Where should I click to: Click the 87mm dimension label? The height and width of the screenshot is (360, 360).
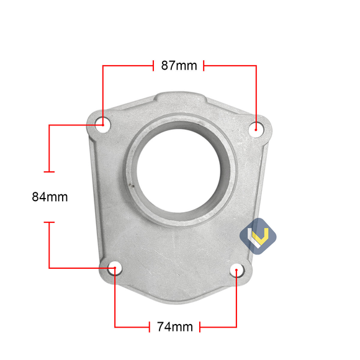(x=179, y=65)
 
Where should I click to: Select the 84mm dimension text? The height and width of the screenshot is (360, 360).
(x=50, y=197)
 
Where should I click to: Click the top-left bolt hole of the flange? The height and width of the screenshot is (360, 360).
(x=103, y=122)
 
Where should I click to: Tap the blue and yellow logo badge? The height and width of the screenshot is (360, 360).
(x=257, y=235)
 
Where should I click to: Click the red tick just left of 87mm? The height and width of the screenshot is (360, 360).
(x=153, y=65)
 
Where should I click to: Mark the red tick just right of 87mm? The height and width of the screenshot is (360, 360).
(x=204, y=65)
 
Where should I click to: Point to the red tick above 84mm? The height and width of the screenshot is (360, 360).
(x=50, y=171)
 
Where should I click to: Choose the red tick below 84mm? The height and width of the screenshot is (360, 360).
(x=50, y=222)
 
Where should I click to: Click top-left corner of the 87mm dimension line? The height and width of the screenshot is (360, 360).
(x=103, y=65)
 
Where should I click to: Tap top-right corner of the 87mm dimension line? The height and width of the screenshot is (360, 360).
(x=256, y=65)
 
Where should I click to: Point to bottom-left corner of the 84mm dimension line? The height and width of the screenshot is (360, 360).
(x=50, y=268)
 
